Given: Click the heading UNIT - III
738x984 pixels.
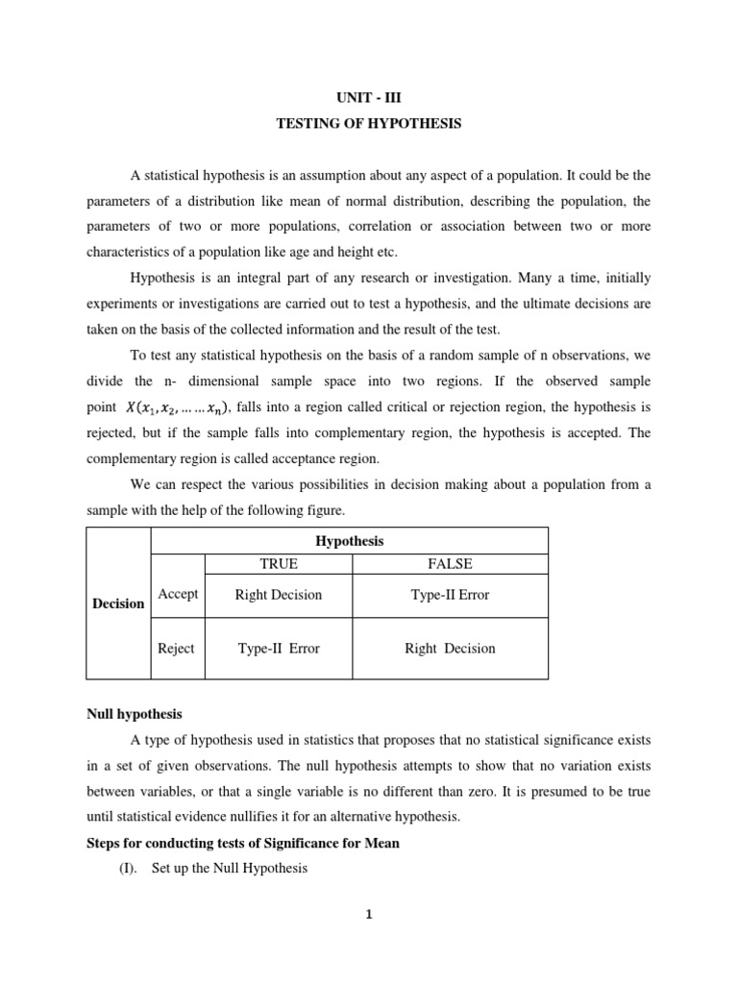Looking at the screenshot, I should [x=368, y=98].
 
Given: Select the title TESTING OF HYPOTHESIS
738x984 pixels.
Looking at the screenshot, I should [x=369, y=124].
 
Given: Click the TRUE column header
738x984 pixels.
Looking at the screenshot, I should [x=279, y=564].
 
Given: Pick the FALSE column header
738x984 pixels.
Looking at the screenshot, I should [x=450, y=564].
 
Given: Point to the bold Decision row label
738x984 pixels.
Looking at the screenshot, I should [x=118, y=603].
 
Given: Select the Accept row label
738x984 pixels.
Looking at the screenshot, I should [x=178, y=594].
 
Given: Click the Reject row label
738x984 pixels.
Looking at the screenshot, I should [x=176, y=648].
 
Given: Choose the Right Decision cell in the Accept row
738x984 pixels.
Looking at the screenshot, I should [x=279, y=595].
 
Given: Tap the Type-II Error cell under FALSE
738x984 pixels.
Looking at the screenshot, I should [x=450, y=595].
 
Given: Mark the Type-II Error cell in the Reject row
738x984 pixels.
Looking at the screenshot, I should [x=279, y=649].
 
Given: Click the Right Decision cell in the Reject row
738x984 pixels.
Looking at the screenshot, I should [x=450, y=649].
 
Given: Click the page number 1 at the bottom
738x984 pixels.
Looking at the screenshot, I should [x=369, y=915].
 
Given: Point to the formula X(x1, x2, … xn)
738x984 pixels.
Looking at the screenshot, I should [x=178, y=408].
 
